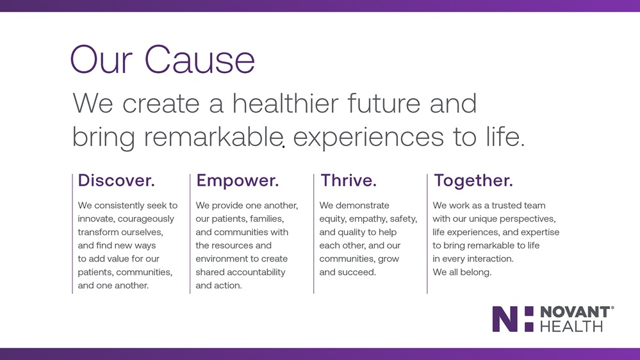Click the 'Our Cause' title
(x=163, y=60)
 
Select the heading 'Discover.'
(x=117, y=181)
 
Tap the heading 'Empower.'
(x=237, y=181)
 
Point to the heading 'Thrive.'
(x=348, y=181)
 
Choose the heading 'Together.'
(x=473, y=181)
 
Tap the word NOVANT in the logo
(x=575, y=312)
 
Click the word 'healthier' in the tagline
(x=285, y=103)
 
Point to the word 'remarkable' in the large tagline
(x=214, y=136)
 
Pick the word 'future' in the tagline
(x=384, y=103)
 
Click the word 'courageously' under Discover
(x=145, y=219)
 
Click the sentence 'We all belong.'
(x=462, y=272)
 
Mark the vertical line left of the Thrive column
(x=313, y=233)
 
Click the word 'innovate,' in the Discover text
(x=96, y=219)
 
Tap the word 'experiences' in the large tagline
(x=368, y=136)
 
